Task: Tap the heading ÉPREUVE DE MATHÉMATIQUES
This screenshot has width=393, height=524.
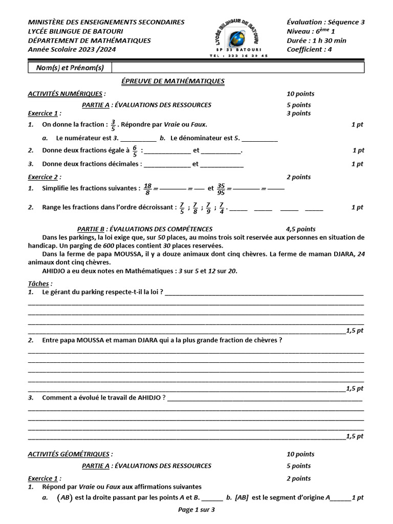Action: click(172, 81)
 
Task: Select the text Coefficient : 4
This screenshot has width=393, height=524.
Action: click(309, 50)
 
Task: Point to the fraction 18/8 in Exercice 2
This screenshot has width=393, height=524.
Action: click(147, 188)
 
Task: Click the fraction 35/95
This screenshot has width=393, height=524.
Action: click(221, 188)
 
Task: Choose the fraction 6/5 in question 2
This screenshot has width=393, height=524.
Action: click(135, 150)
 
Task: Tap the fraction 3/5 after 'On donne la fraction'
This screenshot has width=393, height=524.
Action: click(113, 125)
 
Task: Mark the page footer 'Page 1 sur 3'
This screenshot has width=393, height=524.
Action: click(196, 510)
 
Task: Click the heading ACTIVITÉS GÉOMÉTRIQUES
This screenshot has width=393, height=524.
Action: click(69, 454)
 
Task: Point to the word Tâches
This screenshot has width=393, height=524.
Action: click(39, 283)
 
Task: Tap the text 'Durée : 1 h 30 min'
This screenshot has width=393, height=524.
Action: click(316, 40)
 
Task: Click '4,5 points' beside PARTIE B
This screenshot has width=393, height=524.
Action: click(300, 229)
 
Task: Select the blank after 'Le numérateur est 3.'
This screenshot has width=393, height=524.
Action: click(139, 139)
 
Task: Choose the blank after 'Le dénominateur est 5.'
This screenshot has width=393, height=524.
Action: click(259, 139)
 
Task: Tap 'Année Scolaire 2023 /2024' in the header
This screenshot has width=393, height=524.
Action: click(72, 50)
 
